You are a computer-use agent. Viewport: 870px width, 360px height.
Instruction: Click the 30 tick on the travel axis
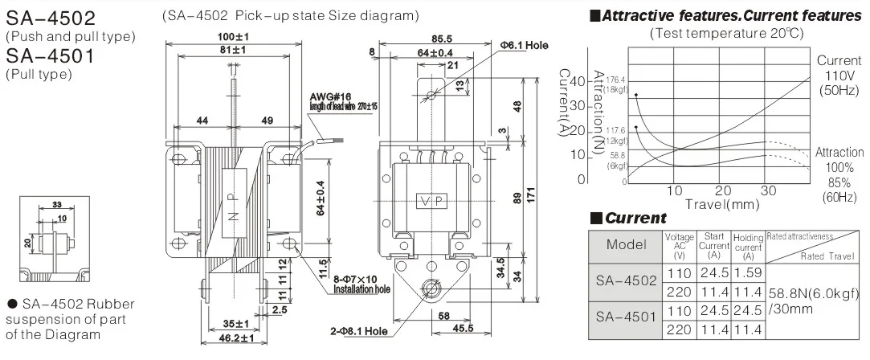769,191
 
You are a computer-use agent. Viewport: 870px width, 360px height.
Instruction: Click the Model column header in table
625,244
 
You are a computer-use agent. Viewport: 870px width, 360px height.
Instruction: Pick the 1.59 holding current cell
748,274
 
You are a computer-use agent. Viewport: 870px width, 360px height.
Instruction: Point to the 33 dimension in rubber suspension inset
56,204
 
